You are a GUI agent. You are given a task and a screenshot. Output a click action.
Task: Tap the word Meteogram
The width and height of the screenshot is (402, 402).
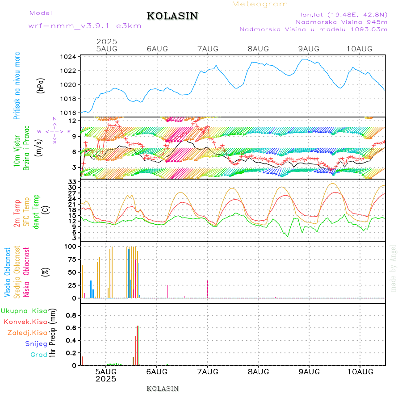pos(260,4)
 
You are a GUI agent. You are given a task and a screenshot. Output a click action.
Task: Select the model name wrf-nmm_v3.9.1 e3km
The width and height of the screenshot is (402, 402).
pos(85,26)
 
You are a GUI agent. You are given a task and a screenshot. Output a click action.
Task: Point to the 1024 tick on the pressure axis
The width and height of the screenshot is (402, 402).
pos(69,57)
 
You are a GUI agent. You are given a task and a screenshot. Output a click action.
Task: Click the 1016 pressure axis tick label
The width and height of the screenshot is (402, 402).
pos(69,113)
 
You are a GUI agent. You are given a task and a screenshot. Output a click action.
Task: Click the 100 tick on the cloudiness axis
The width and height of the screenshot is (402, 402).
pos(71,247)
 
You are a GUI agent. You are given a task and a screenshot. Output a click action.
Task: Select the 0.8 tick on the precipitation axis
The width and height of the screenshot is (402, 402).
pos(71,315)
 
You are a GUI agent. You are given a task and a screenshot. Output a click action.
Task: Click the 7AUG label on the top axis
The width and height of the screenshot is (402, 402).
pos(207,49)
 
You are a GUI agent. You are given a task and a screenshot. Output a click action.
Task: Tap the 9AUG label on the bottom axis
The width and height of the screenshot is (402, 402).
pos(309,371)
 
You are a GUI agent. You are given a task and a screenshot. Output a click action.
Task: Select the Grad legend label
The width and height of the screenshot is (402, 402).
pos(38,355)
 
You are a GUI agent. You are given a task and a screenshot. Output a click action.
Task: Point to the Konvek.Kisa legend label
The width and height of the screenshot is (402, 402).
pos(25,322)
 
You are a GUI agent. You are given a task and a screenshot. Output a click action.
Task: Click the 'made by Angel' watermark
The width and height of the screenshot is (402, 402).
pos(394,268)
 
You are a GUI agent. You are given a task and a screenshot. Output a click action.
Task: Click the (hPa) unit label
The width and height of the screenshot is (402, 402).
pos(41,85)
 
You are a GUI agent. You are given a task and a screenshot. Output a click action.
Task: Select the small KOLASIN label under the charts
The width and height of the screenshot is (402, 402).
pos(163,389)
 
